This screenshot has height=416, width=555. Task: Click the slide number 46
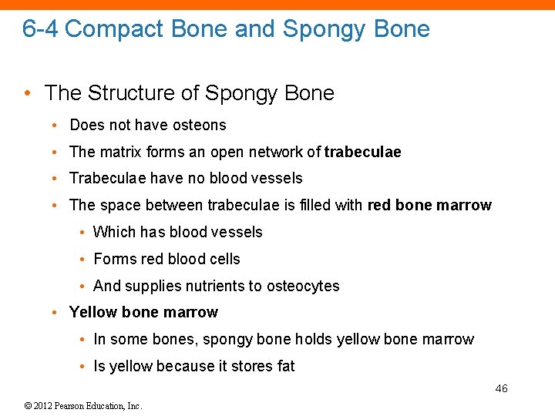(x=501, y=388)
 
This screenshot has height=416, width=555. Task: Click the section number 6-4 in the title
(x=39, y=29)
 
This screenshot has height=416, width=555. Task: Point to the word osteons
(x=201, y=125)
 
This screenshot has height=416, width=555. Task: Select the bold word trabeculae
(x=362, y=152)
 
